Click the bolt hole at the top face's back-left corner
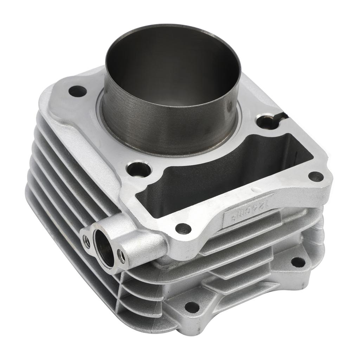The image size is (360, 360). (77, 91)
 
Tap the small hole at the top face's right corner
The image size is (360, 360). (315, 176)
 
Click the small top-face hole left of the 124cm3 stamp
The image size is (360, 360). (183, 229)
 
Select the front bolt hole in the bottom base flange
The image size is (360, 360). (192, 307)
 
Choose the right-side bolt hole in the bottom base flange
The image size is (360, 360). (298, 262)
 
